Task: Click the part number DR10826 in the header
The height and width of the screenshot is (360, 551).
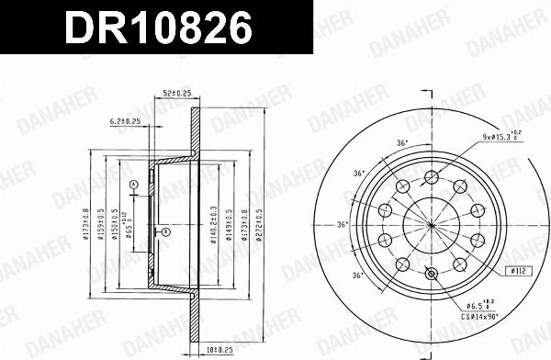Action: [155, 28]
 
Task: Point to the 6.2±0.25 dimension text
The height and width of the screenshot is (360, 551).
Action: [125, 120]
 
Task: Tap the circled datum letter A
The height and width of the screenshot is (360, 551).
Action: [133, 186]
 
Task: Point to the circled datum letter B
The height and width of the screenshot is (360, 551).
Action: [166, 233]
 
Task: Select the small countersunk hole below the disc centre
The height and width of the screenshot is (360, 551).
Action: [432, 272]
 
